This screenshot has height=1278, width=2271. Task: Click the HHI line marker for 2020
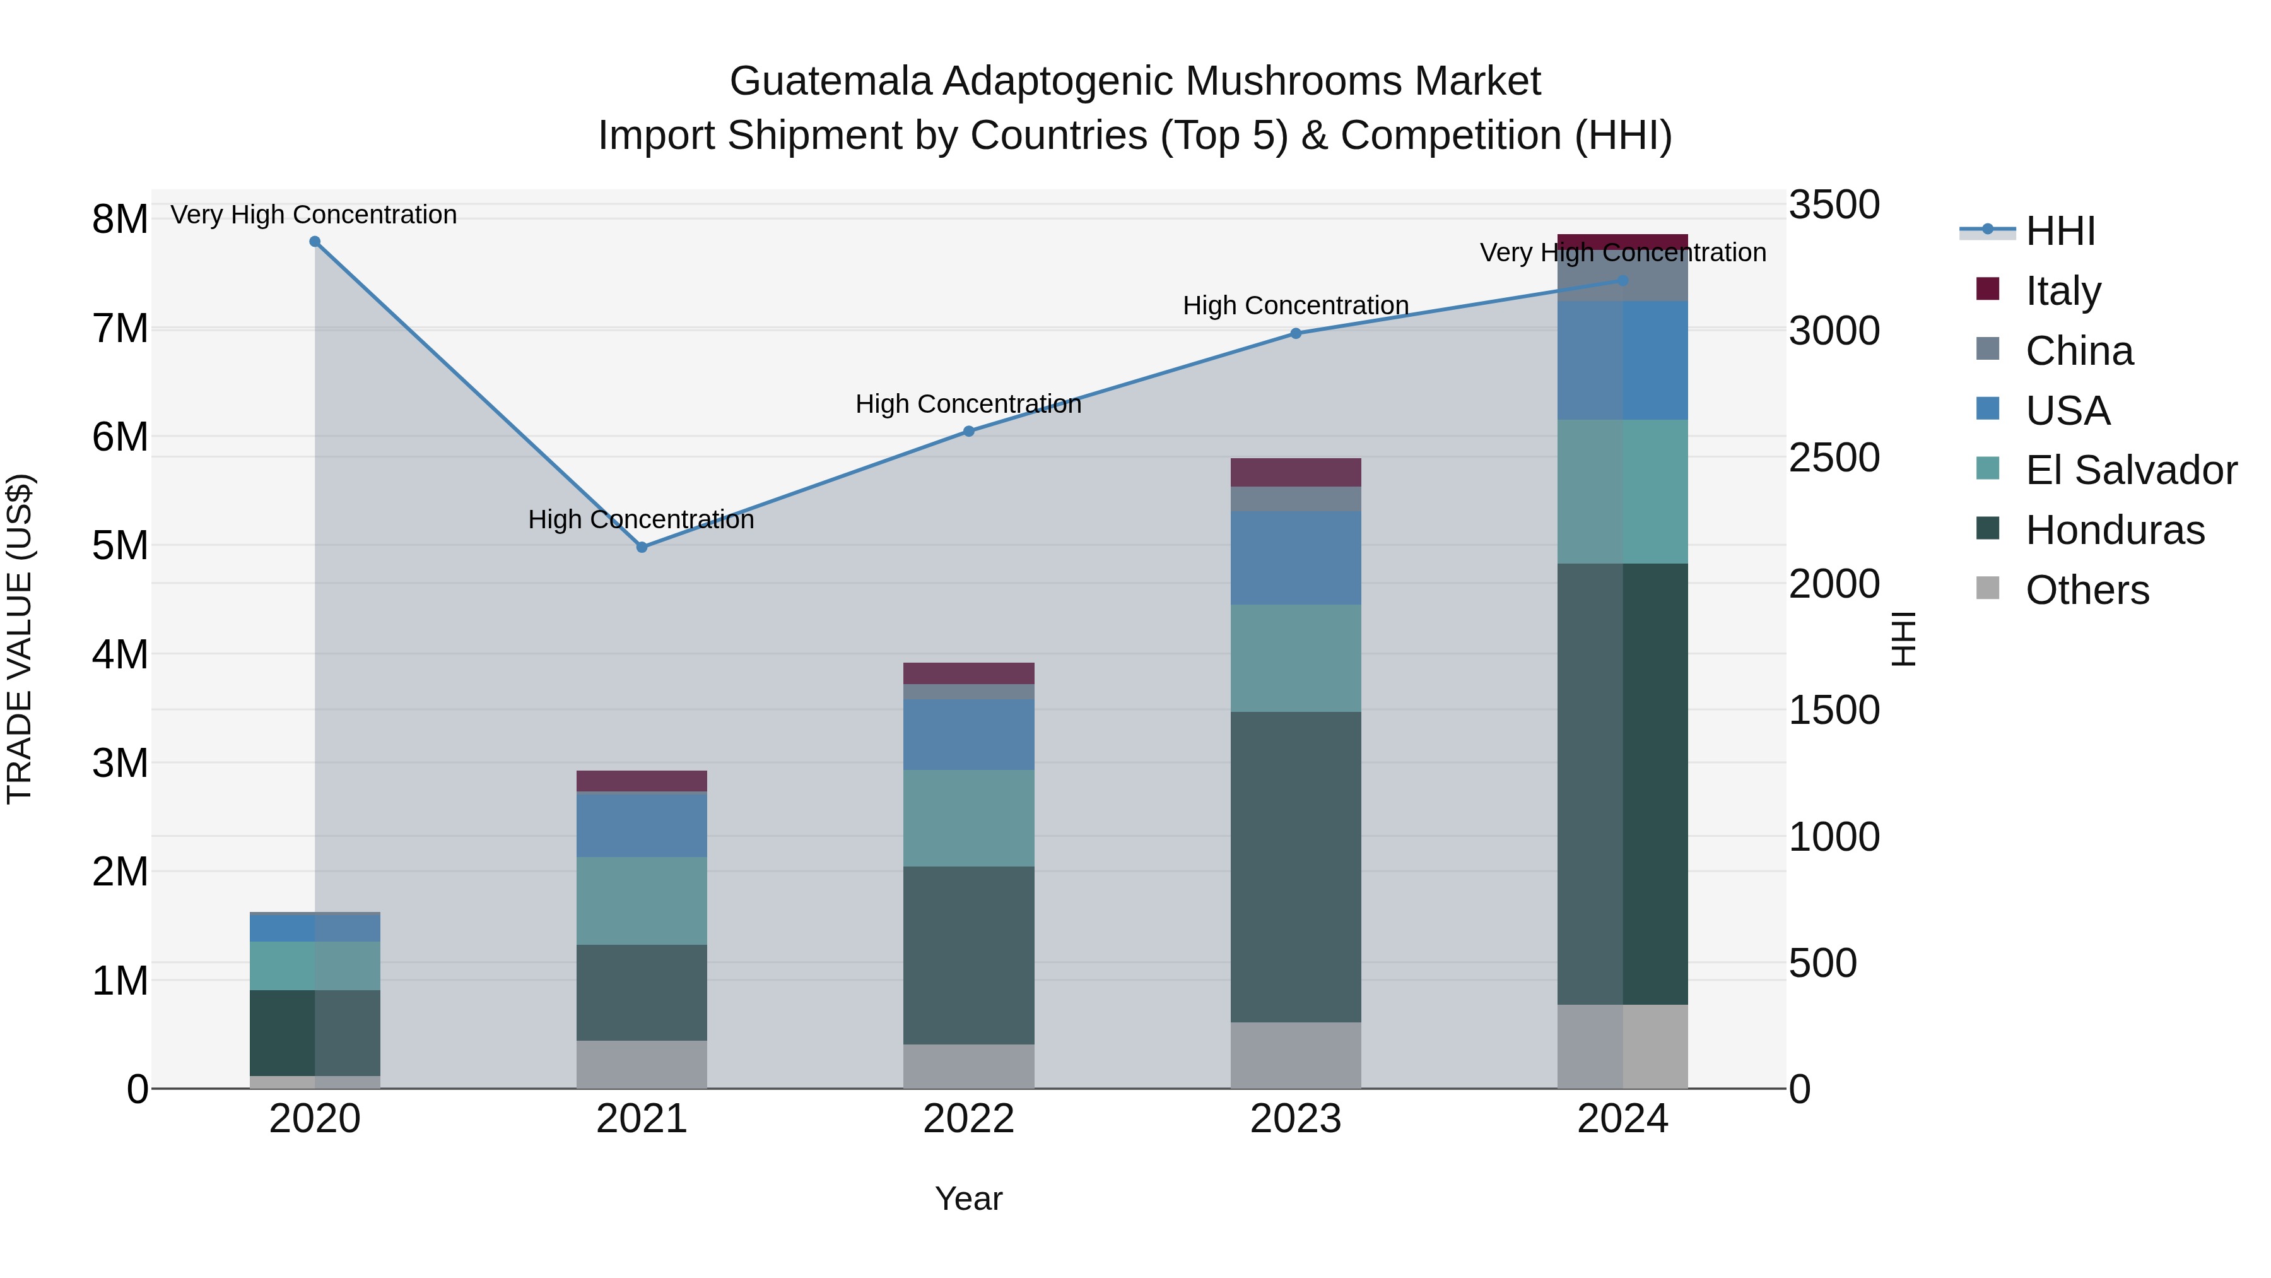pyautogui.click(x=315, y=242)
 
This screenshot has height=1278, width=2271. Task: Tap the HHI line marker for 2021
pyautogui.click(x=642, y=548)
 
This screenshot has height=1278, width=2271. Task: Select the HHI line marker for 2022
pyautogui.click(x=969, y=431)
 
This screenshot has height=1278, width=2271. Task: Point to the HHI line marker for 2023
pyautogui.click(x=1296, y=333)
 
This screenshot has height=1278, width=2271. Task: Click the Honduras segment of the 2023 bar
pyautogui.click(x=1296, y=867)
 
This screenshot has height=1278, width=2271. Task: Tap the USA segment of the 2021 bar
pyautogui.click(x=642, y=825)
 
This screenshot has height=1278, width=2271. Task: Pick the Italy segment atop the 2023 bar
pyautogui.click(x=1296, y=473)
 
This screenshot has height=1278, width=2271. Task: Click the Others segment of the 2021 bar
pyautogui.click(x=642, y=1065)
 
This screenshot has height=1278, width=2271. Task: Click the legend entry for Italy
pyautogui.click(x=2063, y=291)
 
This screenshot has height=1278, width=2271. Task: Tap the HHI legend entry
pyautogui.click(x=2060, y=231)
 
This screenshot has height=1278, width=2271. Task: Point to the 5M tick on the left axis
pyautogui.click(x=120, y=545)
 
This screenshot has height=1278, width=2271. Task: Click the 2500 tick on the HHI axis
pyautogui.click(x=1834, y=458)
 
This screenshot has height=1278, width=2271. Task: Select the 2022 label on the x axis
pyautogui.click(x=969, y=1119)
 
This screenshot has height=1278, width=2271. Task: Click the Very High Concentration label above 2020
pyautogui.click(x=314, y=215)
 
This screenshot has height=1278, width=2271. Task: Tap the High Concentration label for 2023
pyautogui.click(x=1296, y=305)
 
